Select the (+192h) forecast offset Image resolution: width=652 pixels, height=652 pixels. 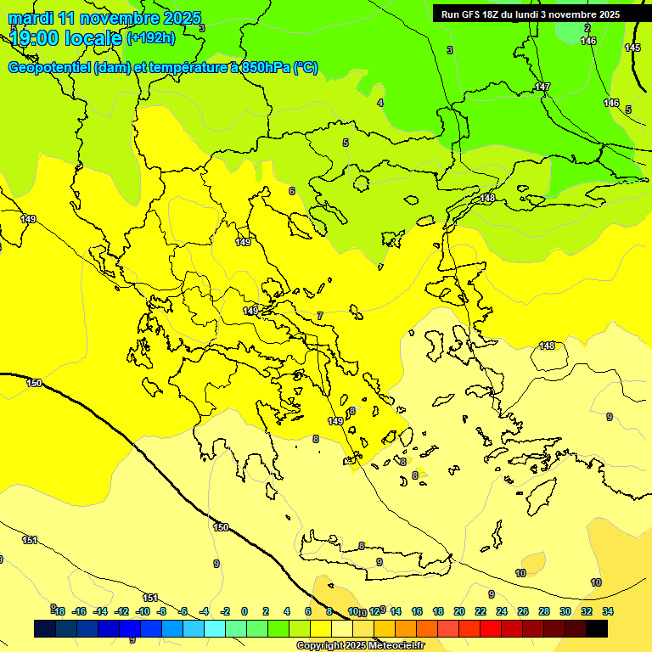click(x=151, y=37)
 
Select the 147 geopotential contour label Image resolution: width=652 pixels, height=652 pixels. click(x=542, y=87)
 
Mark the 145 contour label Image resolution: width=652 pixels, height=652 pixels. click(x=632, y=48)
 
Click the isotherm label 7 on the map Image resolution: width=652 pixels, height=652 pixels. click(x=320, y=316)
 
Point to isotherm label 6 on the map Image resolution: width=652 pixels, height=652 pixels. click(x=292, y=191)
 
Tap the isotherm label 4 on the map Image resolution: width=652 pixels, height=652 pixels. click(x=380, y=103)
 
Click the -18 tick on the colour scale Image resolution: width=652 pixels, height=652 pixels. click(x=58, y=611)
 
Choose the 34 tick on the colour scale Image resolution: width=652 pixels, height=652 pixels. click(x=608, y=611)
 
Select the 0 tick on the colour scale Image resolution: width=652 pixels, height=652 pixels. click(x=244, y=611)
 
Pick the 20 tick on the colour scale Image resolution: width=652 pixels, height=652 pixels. click(x=459, y=611)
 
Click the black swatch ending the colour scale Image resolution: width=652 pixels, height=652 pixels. click(x=597, y=628)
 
